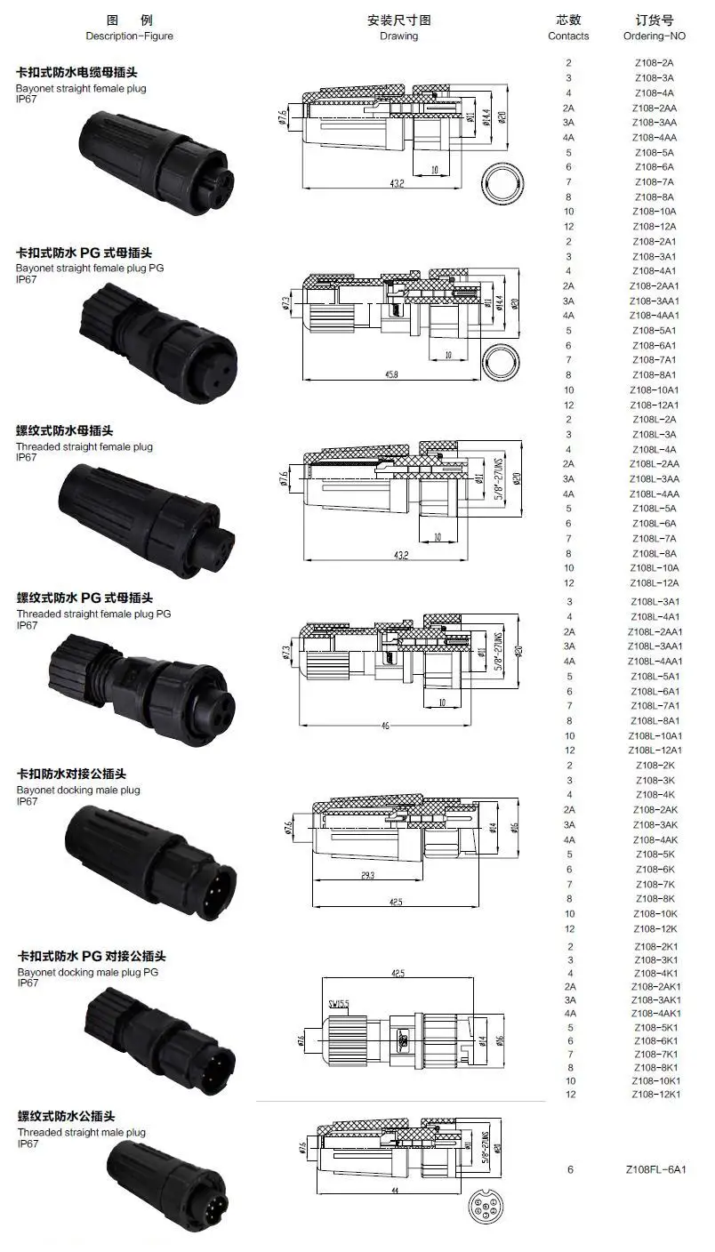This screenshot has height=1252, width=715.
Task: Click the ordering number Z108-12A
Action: (655, 227)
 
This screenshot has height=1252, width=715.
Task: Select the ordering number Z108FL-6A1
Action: (655, 1169)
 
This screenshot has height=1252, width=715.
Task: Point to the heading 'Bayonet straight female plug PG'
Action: (90, 268)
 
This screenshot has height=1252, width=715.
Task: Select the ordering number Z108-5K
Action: (655, 855)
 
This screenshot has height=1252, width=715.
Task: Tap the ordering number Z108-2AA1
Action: (655, 285)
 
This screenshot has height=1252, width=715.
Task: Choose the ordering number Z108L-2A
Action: (655, 420)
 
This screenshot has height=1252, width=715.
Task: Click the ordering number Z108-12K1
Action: (655, 1094)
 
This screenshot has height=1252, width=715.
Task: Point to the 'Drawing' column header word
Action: (398, 36)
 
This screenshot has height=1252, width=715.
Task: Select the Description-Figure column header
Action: (130, 36)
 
